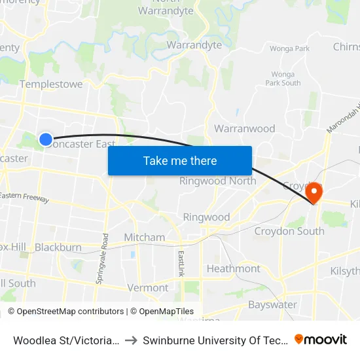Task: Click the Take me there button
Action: [x=180, y=160]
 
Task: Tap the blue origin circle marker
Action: [x=46, y=139]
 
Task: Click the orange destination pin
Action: [x=315, y=192]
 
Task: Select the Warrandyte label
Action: [x=194, y=45]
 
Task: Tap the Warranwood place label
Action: [x=245, y=128]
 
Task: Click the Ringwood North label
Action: [x=218, y=181]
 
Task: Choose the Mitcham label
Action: [x=144, y=237]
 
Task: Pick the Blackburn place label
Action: [x=58, y=247]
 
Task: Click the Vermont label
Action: [x=148, y=287]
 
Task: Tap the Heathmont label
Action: [x=233, y=268]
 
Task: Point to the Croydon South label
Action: [x=289, y=231]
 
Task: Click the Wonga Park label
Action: [x=289, y=48]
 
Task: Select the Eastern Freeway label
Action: [x=24, y=196]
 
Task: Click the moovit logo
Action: [x=321, y=339]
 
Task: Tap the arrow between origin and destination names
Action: [x=131, y=340]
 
